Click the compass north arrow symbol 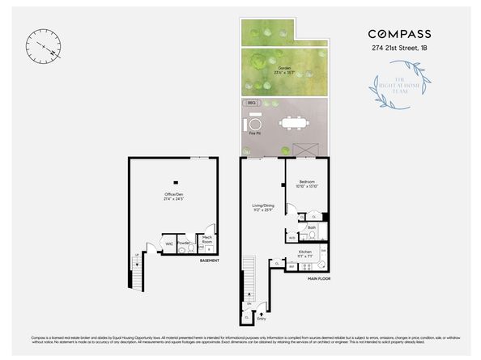[42, 45]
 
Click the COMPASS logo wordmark [399, 34]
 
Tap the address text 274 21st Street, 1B [399, 49]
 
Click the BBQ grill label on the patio [251, 104]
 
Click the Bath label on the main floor [311, 229]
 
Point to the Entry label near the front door [262, 307]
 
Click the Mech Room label [206, 239]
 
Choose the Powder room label [184, 244]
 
